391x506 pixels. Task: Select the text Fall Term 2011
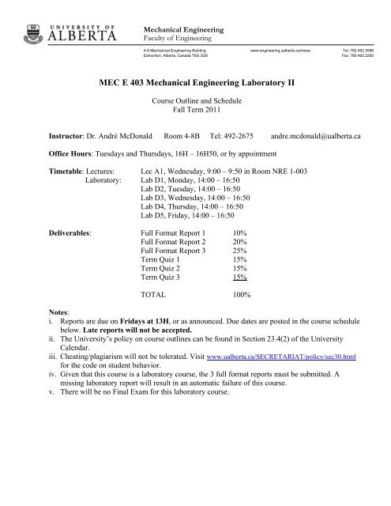[195, 111]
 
